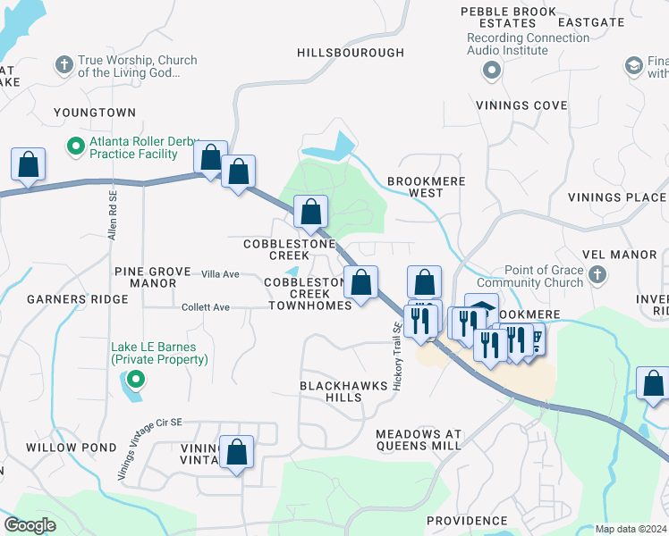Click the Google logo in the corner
coord(30,524)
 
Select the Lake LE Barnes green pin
coord(133,381)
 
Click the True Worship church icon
coord(64,64)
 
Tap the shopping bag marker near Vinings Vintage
coord(237,453)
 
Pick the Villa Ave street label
coord(220,273)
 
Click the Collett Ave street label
coord(206,307)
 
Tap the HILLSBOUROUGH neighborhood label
coord(351,53)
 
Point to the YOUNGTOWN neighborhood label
coord(95,113)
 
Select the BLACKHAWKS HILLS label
coord(343,390)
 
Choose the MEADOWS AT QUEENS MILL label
coord(419,439)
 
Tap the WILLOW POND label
coord(72,447)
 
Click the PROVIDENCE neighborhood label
coord(467,520)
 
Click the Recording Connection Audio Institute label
coord(519,45)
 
